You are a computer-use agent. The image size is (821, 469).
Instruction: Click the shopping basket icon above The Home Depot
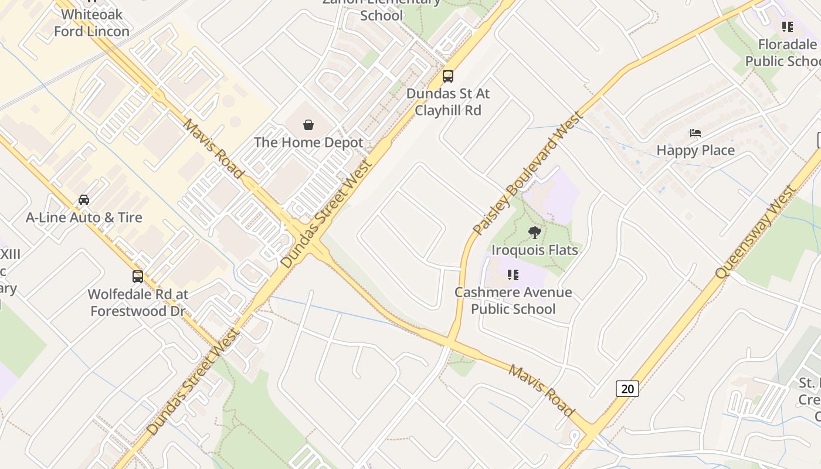(x=308, y=124)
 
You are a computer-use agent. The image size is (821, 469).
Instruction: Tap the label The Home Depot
(x=308, y=142)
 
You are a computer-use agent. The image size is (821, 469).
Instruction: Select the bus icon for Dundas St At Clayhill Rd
(x=448, y=76)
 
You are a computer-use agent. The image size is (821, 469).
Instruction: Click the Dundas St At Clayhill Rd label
(x=448, y=101)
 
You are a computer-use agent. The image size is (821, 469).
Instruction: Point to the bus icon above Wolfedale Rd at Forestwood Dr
(x=138, y=276)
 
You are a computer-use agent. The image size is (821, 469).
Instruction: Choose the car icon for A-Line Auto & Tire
(x=84, y=200)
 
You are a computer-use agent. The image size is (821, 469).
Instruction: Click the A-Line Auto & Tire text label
(x=84, y=217)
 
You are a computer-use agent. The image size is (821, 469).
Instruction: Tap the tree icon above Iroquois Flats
(x=534, y=233)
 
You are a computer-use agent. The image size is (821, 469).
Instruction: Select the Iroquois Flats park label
(x=534, y=250)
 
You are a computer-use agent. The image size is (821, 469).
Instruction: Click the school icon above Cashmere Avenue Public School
(x=513, y=274)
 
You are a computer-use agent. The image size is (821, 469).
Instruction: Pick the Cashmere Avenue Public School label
(x=513, y=301)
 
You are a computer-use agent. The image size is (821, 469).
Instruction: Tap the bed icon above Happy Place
(x=696, y=133)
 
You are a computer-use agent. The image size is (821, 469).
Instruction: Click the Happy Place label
(x=696, y=151)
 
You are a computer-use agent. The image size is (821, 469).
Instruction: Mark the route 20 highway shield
(x=627, y=388)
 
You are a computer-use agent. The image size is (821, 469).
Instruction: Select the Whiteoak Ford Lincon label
(x=91, y=23)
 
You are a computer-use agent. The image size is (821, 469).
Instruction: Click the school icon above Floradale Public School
(x=788, y=27)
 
